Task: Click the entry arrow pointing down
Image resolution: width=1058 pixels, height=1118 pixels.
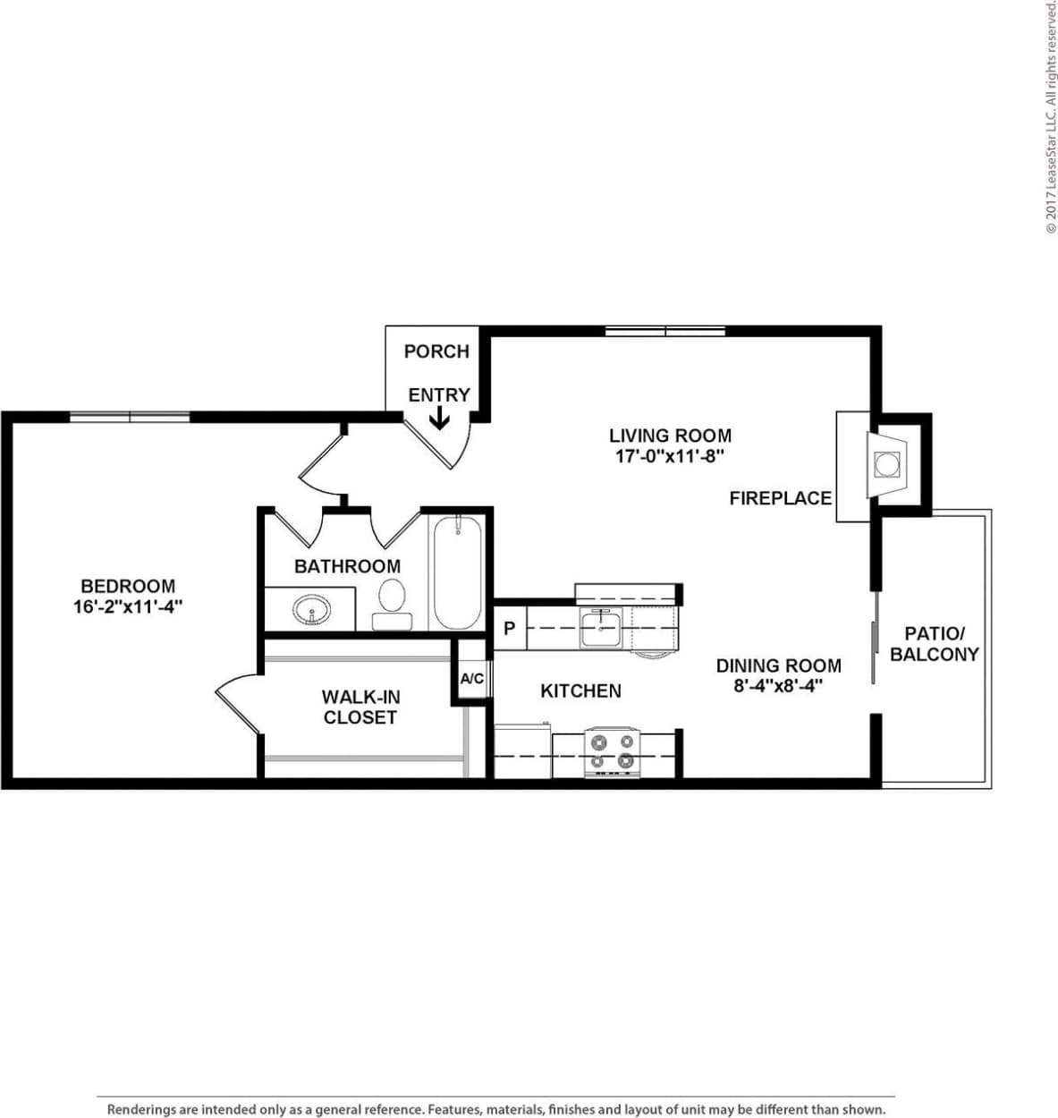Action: click(x=439, y=419)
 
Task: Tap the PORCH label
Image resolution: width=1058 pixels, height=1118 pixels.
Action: click(x=436, y=351)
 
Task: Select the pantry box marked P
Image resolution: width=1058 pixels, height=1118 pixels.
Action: click(x=509, y=629)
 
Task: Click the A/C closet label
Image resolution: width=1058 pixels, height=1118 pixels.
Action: click(x=472, y=680)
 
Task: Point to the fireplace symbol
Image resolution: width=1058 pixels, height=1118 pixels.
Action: click(x=885, y=465)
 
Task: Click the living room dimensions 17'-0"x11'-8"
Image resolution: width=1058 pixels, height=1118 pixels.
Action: click(x=670, y=456)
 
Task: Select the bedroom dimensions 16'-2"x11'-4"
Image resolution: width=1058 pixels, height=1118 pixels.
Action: click(x=128, y=606)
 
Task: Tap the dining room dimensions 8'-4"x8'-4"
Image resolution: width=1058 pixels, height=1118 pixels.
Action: click(x=778, y=686)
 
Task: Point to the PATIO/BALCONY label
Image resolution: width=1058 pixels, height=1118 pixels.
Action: click(x=935, y=644)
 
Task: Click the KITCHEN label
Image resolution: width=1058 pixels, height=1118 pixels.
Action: click(x=580, y=690)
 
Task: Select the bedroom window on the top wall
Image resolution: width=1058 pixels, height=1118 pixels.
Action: click(x=130, y=417)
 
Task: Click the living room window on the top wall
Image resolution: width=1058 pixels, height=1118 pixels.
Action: click(x=664, y=332)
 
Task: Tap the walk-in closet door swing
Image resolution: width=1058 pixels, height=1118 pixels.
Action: click(x=236, y=703)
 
